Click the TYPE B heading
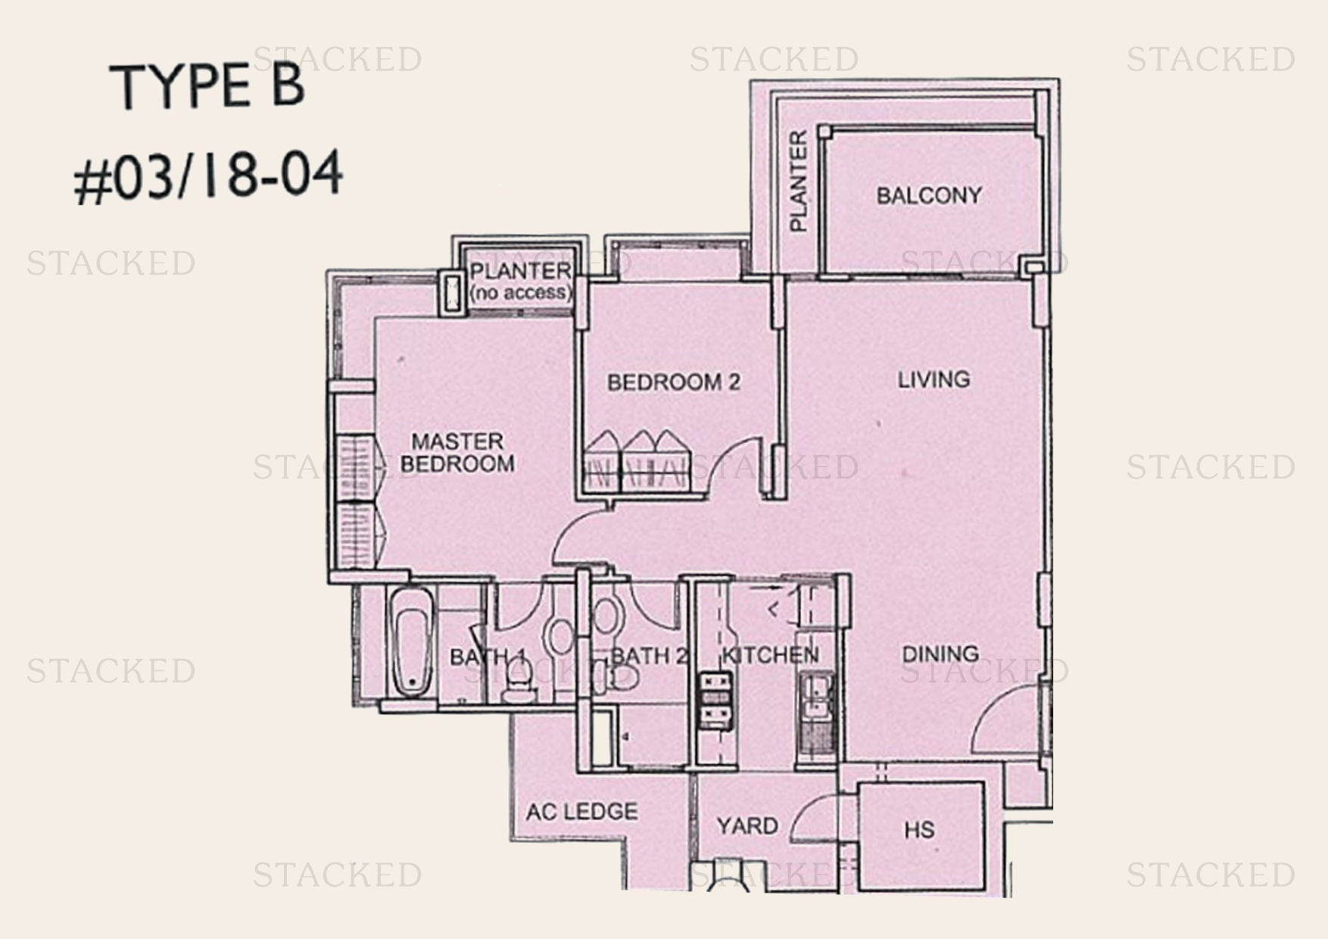[x=208, y=86]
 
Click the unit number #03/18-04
[x=208, y=176]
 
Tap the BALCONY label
[x=929, y=195]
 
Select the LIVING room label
[x=934, y=379]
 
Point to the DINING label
[x=940, y=654]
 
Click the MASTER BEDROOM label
[x=457, y=452]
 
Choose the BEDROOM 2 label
[x=674, y=382]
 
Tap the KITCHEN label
[x=770, y=655]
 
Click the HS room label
[x=919, y=830]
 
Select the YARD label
[x=747, y=825]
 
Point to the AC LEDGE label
[x=582, y=812]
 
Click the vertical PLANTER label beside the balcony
[x=799, y=181]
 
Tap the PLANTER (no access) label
[x=521, y=280]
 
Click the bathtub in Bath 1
[x=411, y=641]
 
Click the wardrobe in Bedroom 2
[x=638, y=461]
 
